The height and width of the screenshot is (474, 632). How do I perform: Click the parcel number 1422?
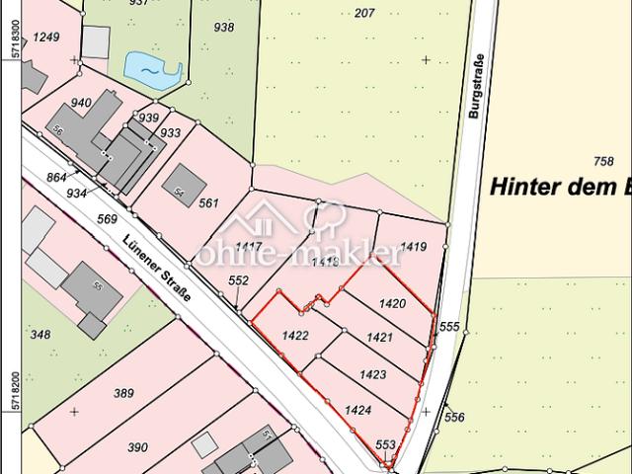pyautogui.click(x=296, y=336)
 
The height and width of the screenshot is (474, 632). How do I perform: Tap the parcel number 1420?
pyautogui.click(x=393, y=303)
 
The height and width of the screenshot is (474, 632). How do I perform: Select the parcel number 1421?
pyautogui.click(x=380, y=338)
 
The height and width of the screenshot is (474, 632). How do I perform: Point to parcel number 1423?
pyautogui.click(x=372, y=374)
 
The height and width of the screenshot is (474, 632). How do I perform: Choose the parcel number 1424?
pyautogui.click(x=357, y=409)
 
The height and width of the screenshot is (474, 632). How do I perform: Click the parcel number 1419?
pyautogui.click(x=415, y=248)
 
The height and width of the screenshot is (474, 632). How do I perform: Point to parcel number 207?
pyautogui.click(x=364, y=12)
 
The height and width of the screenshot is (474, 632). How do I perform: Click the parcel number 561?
pyautogui.click(x=207, y=203)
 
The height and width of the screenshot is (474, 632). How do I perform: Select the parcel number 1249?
pyautogui.click(x=46, y=38)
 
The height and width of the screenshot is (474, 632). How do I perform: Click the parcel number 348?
pyautogui.click(x=39, y=335)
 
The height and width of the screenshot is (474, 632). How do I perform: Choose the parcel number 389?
pyautogui.click(x=123, y=393)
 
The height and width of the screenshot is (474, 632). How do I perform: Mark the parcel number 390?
pyautogui.click(x=138, y=446)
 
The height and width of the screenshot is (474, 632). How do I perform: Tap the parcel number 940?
pyautogui.click(x=81, y=102)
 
